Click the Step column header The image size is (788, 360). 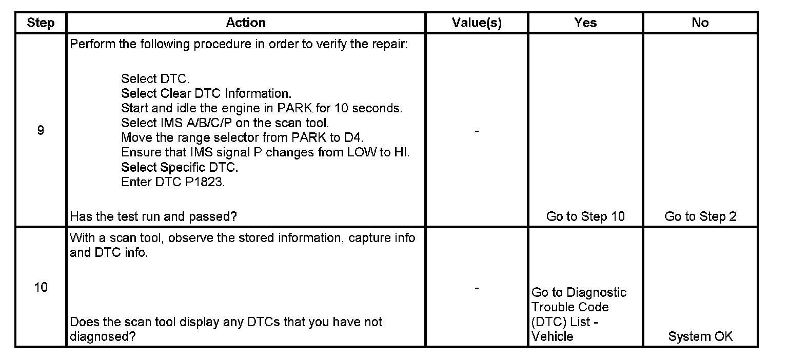[41, 23]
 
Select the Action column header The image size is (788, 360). [246, 23]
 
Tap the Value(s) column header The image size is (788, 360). [477, 23]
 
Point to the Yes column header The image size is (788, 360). [585, 23]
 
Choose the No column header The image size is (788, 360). [700, 23]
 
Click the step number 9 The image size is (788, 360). [41, 130]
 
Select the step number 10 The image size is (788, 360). [41, 287]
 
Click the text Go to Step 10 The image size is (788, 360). [585, 216]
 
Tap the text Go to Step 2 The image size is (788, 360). [700, 216]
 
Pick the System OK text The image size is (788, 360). [700, 336]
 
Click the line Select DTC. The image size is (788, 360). [155, 79]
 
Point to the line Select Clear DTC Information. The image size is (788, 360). [206, 94]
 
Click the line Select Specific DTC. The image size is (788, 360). [180, 168]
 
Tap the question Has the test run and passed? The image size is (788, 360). [153, 216]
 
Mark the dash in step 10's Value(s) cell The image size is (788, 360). [477, 289]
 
